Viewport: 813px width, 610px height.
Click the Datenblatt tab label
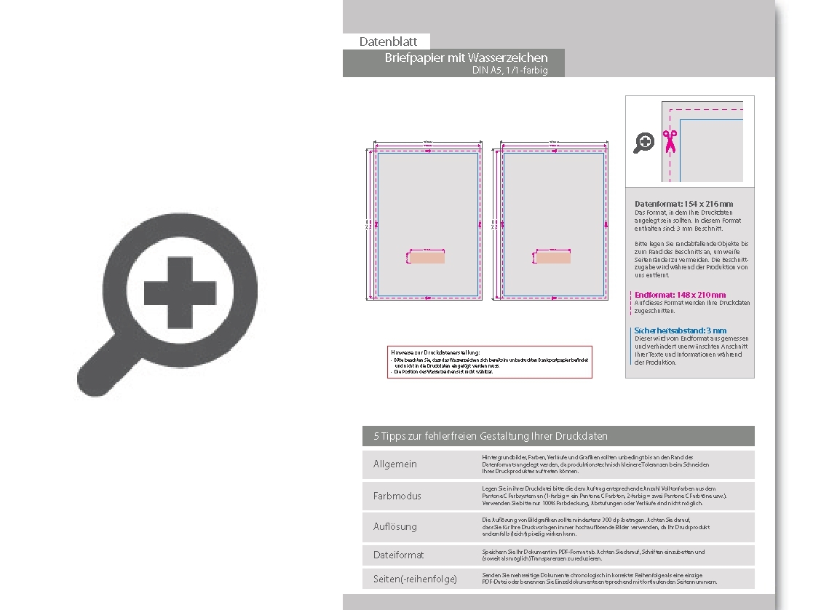(x=388, y=41)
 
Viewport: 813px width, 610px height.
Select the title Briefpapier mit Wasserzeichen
(x=466, y=58)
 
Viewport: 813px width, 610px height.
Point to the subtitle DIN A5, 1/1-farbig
(x=509, y=71)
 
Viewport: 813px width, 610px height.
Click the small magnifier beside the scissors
(x=643, y=142)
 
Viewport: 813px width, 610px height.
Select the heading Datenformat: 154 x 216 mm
(x=683, y=204)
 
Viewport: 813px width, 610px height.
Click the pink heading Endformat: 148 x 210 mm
(x=680, y=295)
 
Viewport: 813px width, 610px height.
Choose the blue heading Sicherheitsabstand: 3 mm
(x=680, y=330)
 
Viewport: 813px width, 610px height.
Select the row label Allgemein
(x=395, y=464)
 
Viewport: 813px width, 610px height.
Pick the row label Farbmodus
(x=397, y=496)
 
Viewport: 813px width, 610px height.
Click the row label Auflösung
(x=395, y=526)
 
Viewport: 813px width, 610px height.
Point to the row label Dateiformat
(x=399, y=555)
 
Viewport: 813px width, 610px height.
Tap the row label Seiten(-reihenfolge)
(x=415, y=579)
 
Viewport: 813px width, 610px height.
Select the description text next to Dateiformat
(x=592, y=555)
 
